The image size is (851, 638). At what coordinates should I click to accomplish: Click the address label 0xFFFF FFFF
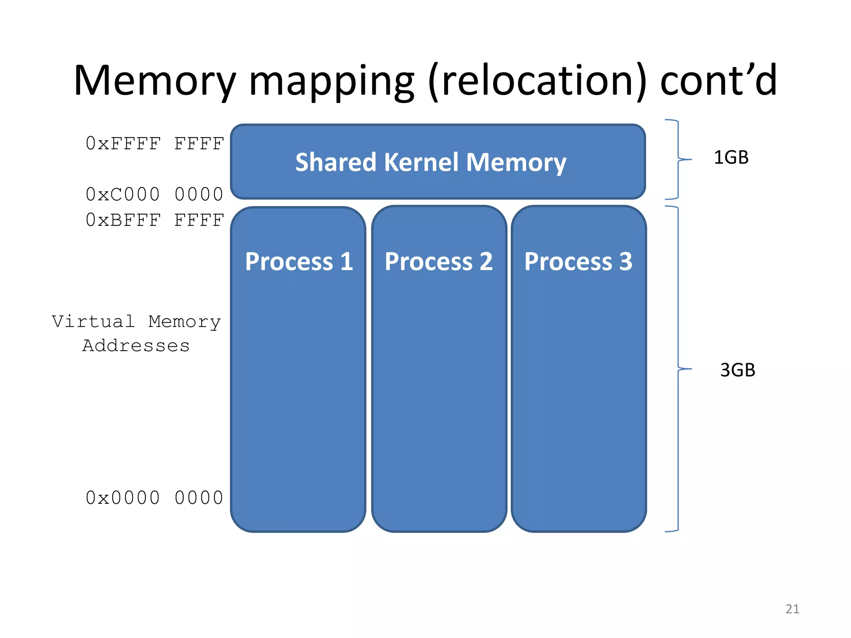tap(155, 144)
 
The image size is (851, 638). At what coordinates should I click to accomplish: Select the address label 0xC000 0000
tap(155, 194)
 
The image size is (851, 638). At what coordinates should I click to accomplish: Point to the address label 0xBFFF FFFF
tap(155, 220)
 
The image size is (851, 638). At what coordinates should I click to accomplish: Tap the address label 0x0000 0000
tap(155, 498)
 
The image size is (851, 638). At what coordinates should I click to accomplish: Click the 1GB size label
tap(731, 158)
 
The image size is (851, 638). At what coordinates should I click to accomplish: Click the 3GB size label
tap(737, 370)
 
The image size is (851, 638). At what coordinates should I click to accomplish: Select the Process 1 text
tap(299, 262)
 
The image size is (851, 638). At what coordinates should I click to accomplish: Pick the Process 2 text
tap(438, 262)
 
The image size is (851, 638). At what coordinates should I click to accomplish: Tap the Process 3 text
tap(578, 262)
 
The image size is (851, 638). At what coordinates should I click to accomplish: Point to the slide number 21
tap(792, 609)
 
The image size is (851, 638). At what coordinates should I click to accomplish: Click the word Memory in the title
tap(154, 81)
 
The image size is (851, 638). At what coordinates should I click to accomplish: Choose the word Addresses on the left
tap(136, 346)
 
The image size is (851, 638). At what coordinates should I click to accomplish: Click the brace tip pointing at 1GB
tap(690, 159)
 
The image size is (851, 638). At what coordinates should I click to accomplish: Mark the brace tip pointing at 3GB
tap(690, 369)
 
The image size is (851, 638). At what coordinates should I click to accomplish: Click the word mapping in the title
tap(331, 81)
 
